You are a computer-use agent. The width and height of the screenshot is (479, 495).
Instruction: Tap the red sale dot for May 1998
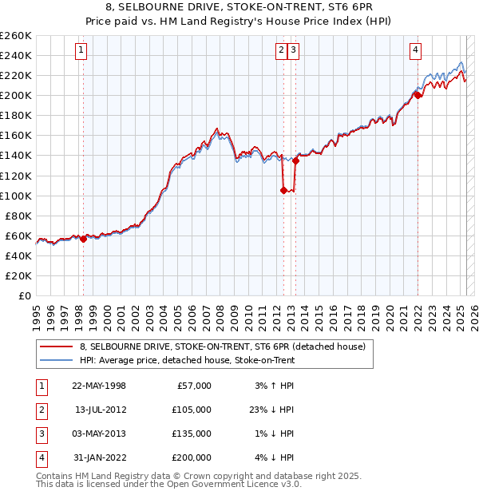click(x=83, y=238)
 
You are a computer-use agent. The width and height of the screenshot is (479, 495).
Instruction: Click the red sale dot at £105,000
click(x=283, y=190)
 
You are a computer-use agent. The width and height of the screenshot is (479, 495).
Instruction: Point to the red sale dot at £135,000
click(x=295, y=160)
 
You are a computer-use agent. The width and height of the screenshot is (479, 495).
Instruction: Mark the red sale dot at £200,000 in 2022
click(x=417, y=95)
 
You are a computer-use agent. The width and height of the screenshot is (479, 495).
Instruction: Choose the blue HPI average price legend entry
click(x=188, y=360)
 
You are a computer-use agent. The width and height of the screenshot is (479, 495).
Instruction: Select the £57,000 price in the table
click(x=193, y=386)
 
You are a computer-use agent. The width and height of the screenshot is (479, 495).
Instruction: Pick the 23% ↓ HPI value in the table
click(x=272, y=410)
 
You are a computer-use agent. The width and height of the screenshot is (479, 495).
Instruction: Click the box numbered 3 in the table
click(x=41, y=434)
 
